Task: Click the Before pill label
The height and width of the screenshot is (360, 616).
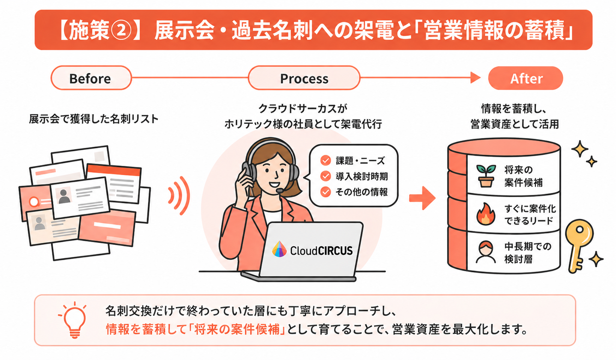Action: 91,78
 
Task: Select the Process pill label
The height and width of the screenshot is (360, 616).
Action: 304,78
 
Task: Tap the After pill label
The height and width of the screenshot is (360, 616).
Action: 526,78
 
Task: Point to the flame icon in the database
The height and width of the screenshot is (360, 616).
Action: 486,214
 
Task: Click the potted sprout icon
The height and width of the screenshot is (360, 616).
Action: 486,176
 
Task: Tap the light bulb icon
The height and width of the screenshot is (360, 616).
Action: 74,320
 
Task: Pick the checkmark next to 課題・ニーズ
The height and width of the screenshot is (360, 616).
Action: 325,161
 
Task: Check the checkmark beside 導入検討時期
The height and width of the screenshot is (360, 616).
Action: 325,176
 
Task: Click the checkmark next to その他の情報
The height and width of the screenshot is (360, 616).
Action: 325,192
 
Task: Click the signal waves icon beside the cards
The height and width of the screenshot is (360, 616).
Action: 179,196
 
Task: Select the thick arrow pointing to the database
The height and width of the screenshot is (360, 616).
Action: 422,198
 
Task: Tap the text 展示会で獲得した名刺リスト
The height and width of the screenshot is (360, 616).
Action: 94,119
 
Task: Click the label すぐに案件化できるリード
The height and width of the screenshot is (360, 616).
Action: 529,215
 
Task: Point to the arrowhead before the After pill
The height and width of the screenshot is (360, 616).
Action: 475,78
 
